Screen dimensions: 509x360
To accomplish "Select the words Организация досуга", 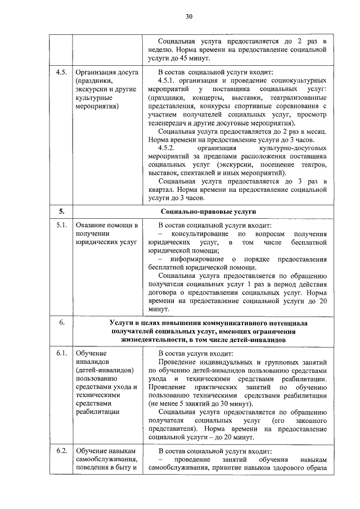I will [x=103, y=73].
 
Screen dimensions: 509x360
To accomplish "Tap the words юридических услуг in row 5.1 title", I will [x=105, y=242].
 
